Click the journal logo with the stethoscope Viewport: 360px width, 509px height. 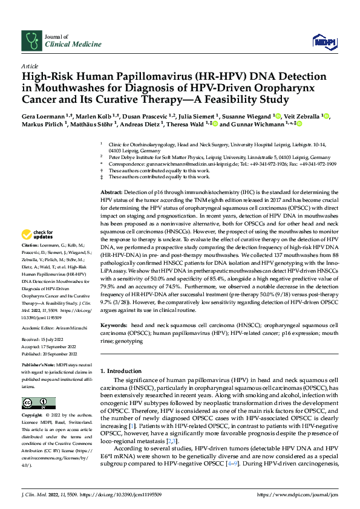[30, 41]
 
